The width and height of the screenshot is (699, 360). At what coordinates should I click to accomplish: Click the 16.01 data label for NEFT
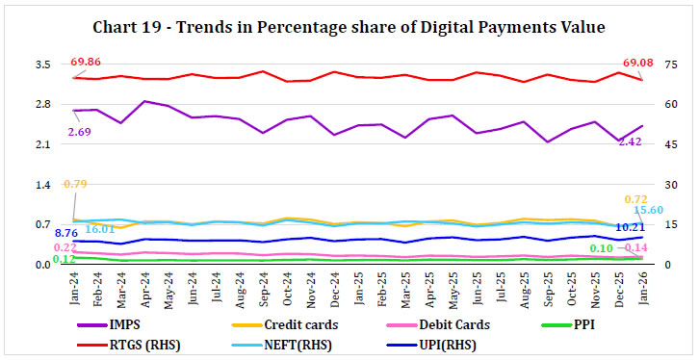click(x=98, y=230)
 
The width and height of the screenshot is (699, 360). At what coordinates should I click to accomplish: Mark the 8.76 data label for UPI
click(x=65, y=233)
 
